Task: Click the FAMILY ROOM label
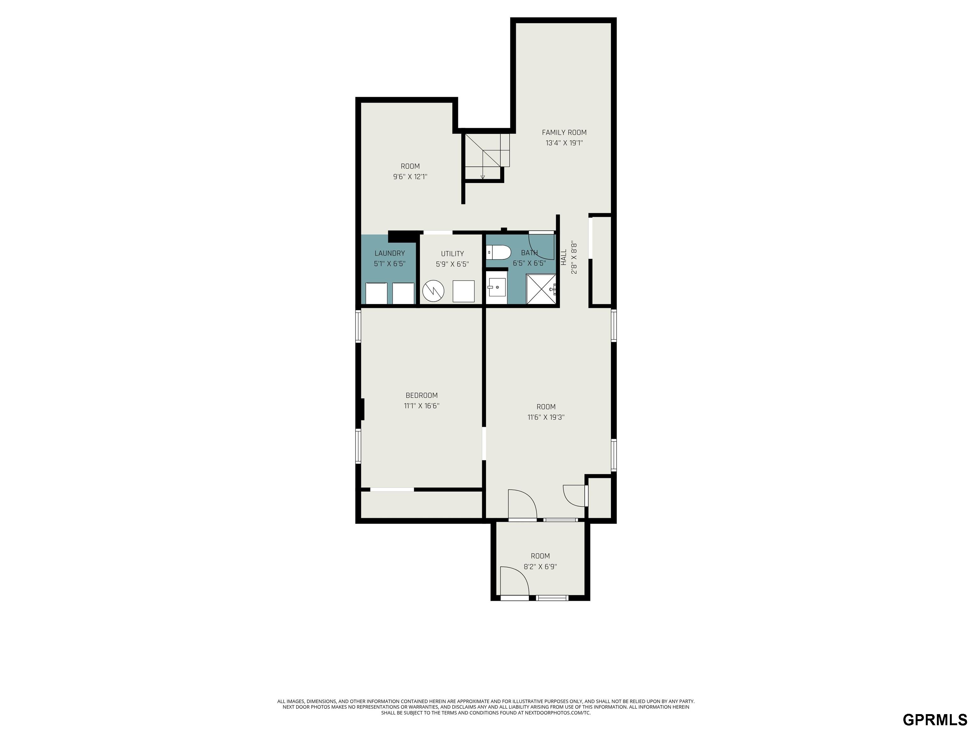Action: [x=564, y=132]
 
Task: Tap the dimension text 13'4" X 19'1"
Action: [x=564, y=143]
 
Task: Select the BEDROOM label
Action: [x=421, y=396]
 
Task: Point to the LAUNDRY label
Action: [x=389, y=253]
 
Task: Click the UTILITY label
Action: [x=452, y=253]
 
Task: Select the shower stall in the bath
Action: [x=541, y=289]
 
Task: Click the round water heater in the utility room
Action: [x=433, y=291]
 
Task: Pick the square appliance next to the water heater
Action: [x=464, y=291]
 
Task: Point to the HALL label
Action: [x=564, y=258]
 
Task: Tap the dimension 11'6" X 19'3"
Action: [x=546, y=417]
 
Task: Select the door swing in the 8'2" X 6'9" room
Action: [x=514, y=581]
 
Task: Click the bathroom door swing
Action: [x=541, y=245]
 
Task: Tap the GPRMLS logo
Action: [x=935, y=719]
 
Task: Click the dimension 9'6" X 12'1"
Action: [x=410, y=177]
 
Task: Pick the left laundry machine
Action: [x=376, y=293]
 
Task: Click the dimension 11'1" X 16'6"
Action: [x=421, y=406]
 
